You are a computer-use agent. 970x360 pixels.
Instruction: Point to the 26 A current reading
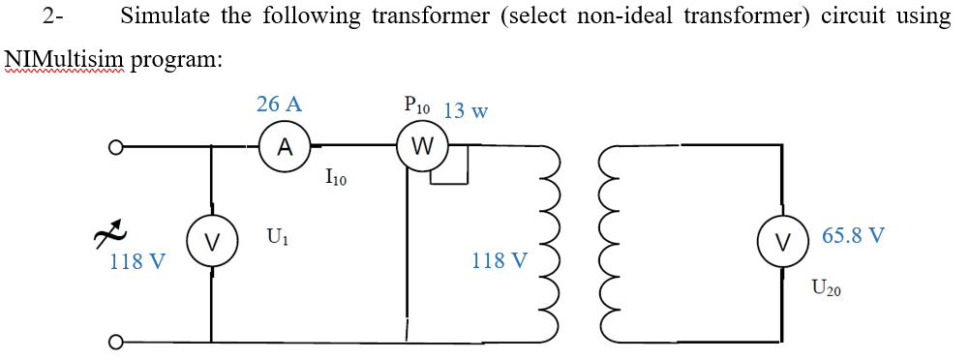click(x=279, y=105)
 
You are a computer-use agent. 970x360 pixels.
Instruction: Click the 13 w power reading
click(x=465, y=110)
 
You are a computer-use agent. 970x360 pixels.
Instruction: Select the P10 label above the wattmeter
click(x=419, y=106)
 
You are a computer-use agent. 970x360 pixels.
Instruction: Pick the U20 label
click(x=828, y=286)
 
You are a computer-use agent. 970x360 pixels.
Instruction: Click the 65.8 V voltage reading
click(x=853, y=235)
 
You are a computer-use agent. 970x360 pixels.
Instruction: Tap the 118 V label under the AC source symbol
click(x=136, y=261)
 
